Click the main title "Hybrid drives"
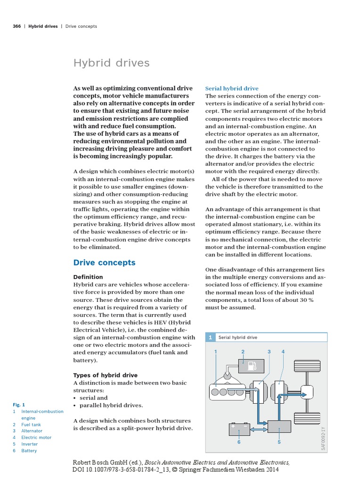click(111, 63)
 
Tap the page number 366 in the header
click(16, 26)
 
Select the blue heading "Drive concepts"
click(104, 262)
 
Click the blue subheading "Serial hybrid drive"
click(231, 88)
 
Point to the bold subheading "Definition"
click(88, 277)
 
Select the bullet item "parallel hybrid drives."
click(111, 405)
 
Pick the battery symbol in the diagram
click(239, 429)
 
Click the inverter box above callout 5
click(279, 426)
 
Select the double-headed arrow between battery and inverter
click(257, 429)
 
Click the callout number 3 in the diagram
click(269, 352)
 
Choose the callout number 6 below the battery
click(239, 442)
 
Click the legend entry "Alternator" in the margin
click(32, 431)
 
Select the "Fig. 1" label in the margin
click(19, 405)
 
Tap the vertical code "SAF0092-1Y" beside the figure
click(323, 439)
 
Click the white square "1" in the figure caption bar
click(210, 337)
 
